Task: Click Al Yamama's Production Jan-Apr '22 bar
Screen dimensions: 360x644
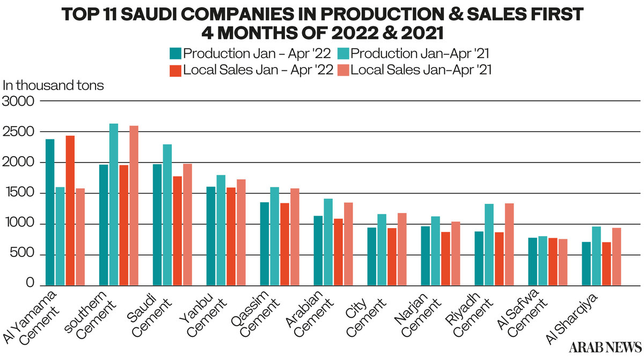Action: tap(50, 212)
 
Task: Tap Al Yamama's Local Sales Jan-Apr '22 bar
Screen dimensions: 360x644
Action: tap(70, 210)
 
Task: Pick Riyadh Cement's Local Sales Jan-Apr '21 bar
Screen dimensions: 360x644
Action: tap(509, 244)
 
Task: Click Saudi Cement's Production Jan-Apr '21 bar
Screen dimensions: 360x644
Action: tap(167, 215)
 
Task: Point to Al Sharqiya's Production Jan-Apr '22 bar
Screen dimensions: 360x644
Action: tap(587, 263)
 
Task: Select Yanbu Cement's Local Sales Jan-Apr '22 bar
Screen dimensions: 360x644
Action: tap(231, 236)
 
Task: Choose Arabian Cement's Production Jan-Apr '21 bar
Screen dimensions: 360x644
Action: tap(328, 241)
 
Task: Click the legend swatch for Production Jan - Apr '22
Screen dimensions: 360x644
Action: tap(175, 54)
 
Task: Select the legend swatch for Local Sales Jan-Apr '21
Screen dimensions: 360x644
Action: tap(344, 70)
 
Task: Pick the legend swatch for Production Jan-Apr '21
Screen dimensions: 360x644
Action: tap(344, 54)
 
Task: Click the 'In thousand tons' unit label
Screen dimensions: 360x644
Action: tap(54, 85)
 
